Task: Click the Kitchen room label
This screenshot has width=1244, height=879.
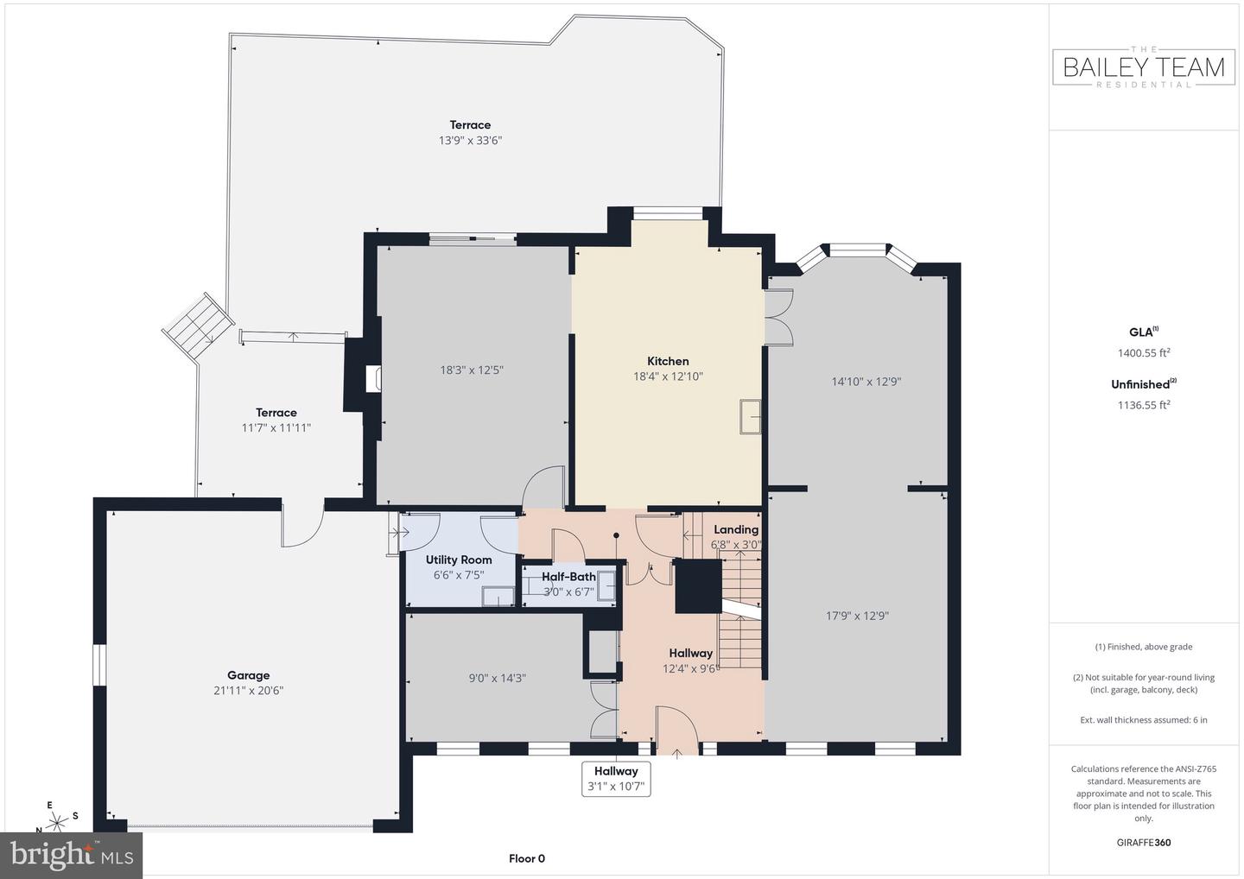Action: pyautogui.click(x=668, y=361)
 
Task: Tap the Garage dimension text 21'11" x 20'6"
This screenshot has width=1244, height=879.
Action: pyautogui.click(x=249, y=691)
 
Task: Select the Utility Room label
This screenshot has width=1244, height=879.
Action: pyautogui.click(x=459, y=560)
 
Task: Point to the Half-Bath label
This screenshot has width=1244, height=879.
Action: pyautogui.click(x=568, y=577)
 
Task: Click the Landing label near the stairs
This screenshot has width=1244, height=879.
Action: pyautogui.click(x=736, y=529)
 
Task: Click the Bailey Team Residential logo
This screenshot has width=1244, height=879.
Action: pyautogui.click(x=1144, y=67)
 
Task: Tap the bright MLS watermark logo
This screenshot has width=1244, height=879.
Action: pyautogui.click(x=72, y=855)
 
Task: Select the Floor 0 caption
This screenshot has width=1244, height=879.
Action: pyautogui.click(x=526, y=858)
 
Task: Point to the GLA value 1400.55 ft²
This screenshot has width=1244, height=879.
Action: pyautogui.click(x=1143, y=352)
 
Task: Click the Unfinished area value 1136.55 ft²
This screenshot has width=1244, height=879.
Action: pyautogui.click(x=1143, y=404)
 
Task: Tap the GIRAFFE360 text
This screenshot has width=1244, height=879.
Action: pyautogui.click(x=1144, y=843)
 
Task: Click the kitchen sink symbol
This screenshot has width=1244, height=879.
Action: pyautogui.click(x=749, y=416)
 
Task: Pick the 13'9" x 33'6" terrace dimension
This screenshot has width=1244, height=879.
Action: pyautogui.click(x=470, y=140)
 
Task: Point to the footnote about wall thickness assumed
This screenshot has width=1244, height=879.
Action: pyautogui.click(x=1144, y=720)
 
